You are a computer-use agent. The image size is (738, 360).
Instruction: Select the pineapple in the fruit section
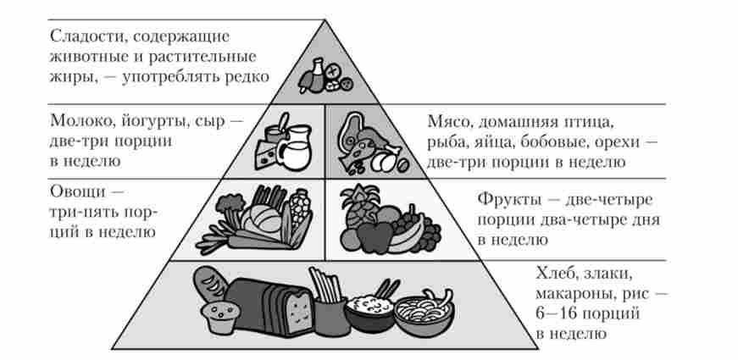pos(353,203)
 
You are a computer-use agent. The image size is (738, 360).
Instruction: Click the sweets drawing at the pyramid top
pos(325,77)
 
